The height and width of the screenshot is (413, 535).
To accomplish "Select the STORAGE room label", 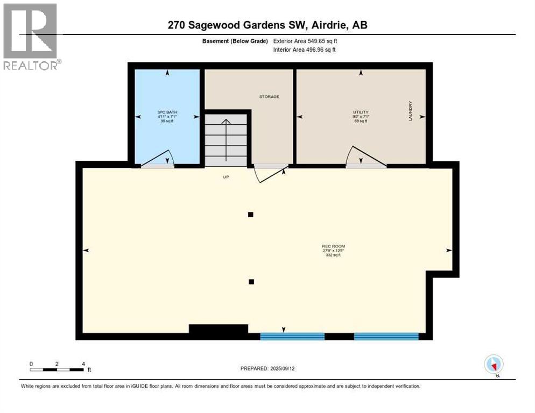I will tap(269, 97).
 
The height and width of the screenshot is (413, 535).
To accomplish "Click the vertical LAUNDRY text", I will tap(410, 111).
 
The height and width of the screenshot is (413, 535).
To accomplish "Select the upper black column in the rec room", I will tap(250, 215).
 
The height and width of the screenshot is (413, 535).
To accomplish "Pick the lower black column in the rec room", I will tap(251, 281).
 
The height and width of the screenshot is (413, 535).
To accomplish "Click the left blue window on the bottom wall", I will tap(292, 336).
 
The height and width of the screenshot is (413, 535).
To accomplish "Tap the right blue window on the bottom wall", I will tap(386, 336).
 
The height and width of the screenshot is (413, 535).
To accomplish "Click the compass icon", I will tap(494, 364).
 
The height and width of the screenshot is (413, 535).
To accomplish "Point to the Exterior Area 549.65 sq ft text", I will tap(305, 41).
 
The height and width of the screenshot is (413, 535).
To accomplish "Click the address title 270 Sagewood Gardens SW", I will tap(267, 25).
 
